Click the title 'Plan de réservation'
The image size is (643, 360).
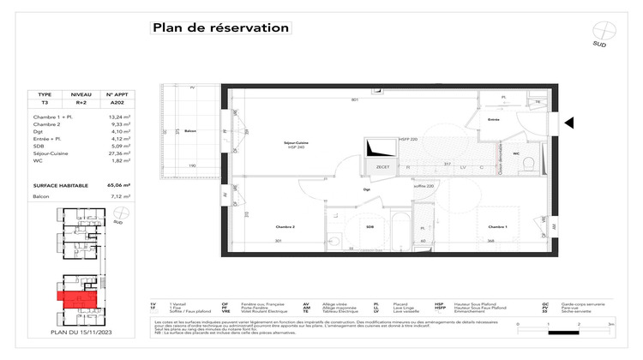pyautogui.click(x=220, y=27)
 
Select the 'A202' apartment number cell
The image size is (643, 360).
pyautogui.click(x=116, y=101)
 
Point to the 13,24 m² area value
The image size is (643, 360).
pyautogui.click(x=117, y=116)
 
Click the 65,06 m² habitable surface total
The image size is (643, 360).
pyautogui.click(x=117, y=184)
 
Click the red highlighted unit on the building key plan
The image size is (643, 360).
pyautogui.click(x=71, y=297)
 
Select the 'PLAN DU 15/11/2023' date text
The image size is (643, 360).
pyautogui.click(x=82, y=332)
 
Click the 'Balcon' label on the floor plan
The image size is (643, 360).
pyautogui.click(x=190, y=131)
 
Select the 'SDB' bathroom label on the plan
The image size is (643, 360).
pyautogui.click(x=370, y=227)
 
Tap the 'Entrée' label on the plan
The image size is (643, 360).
pyautogui.click(x=493, y=121)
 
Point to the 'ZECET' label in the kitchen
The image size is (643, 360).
pyautogui.click(x=383, y=167)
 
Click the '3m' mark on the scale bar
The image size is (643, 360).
pyautogui.click(x=610, y=325)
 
